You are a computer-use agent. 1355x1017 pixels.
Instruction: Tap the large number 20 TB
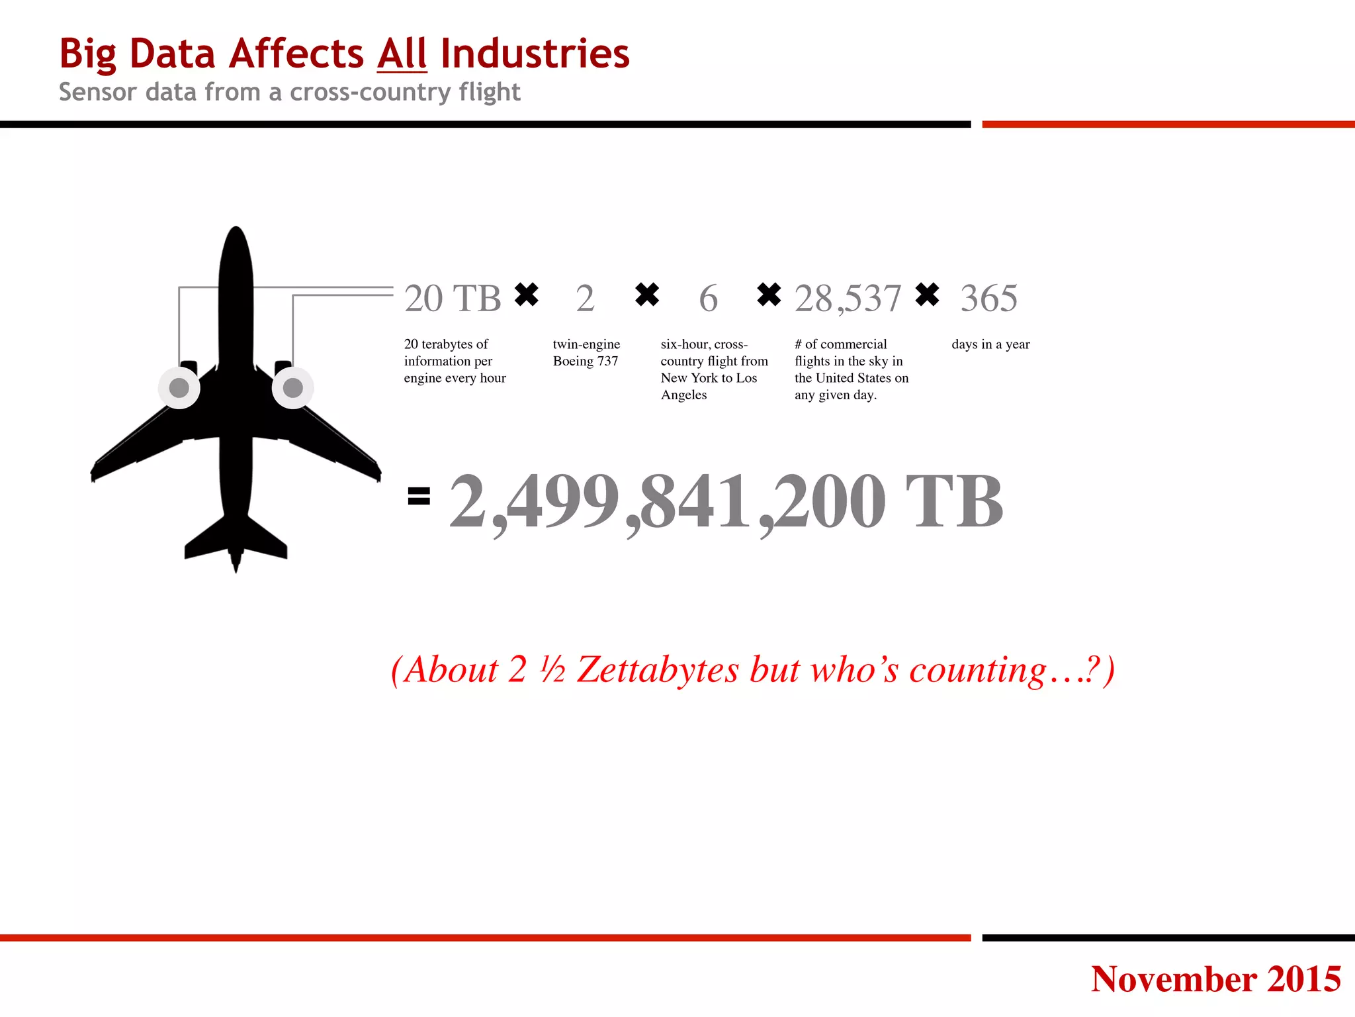click(x=453, y=299)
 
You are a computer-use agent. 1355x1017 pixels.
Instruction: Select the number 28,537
click(x=848, y=299)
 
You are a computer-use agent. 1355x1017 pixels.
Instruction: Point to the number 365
click(x=988, y=299)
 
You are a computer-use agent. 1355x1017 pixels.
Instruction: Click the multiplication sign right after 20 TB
click(x=527, y=295)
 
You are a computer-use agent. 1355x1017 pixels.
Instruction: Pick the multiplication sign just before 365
click(x=927, y=295)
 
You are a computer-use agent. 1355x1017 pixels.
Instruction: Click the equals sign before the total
click(x=419, y=496)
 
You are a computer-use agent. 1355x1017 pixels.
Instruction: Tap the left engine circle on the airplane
click(x=179, y=388)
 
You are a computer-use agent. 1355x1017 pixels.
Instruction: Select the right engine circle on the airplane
click(x=292, y=388)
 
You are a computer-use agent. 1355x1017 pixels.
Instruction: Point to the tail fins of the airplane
click(x=236, y=540)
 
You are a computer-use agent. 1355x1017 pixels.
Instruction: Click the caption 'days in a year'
click(x=990, y=344)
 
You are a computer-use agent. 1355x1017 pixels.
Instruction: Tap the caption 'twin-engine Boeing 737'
click(x=586, y=352)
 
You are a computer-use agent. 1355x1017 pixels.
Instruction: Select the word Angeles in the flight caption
click(x=683, y=395)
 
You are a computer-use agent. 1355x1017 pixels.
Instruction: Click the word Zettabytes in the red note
click(x=658, y=670)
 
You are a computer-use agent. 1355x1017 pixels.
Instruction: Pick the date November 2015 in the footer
click(x=1215, y=979)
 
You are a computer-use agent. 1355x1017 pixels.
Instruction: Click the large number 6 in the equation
click(x=708, y=299)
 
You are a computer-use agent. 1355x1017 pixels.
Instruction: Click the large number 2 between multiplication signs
click(x=585, y=299)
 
